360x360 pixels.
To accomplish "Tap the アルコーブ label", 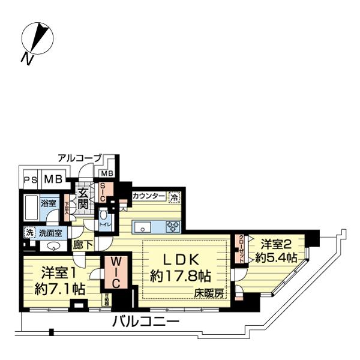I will [x=79, y=158].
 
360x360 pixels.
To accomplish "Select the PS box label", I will [x=29, y=179].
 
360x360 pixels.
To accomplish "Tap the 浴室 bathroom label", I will [x=49, y=203].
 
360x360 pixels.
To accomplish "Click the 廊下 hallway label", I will [x=82, y=245].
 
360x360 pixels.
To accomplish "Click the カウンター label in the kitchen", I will [x=149, y=196].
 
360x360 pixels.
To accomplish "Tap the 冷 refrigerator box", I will [x=174, y=196].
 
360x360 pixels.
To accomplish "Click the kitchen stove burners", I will [x=173, y=227].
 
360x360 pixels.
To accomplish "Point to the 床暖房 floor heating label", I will [x=208, y=293].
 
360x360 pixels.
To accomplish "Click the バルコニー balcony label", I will [x=146, y=322].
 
